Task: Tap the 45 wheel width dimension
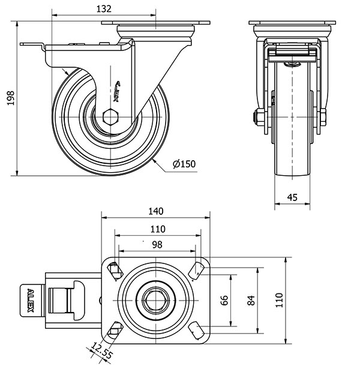pos(292,196)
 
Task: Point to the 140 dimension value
pos(156,211)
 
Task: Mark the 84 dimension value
pos(251,300)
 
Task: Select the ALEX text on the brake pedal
pos(31,301)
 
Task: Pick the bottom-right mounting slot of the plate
pos(196,329)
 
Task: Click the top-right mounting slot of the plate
pos(196,271)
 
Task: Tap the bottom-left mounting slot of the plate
pos(115,329)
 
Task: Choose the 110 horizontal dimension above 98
pos(157,229)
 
